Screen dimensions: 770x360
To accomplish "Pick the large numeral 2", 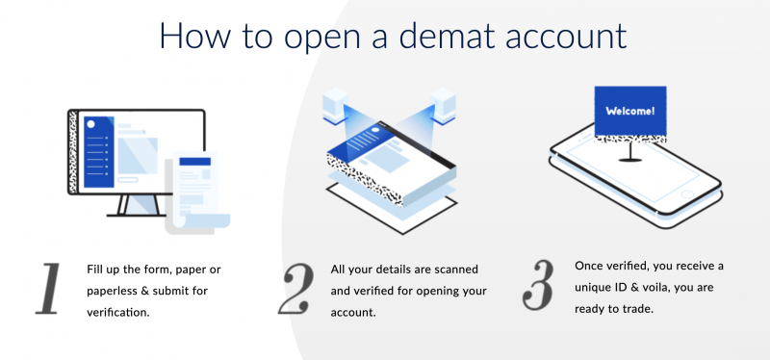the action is pos(296,286).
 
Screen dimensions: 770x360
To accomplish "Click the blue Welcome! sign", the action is pos(630,112).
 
